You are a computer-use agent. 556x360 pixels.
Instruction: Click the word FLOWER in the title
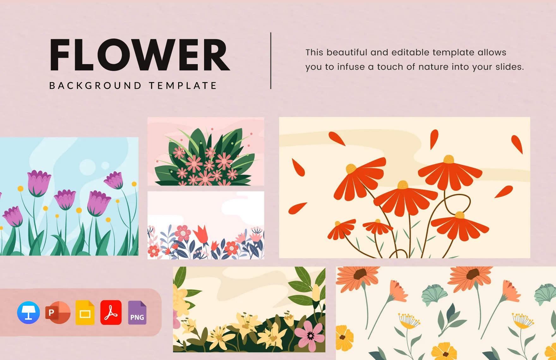coord(140,55)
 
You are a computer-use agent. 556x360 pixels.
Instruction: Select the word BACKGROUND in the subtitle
coord(95,86)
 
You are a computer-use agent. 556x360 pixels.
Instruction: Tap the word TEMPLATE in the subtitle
coord(183,86)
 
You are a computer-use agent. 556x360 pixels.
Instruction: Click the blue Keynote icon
coord(28,313)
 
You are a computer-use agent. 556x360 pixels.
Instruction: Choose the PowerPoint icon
coord(58,313)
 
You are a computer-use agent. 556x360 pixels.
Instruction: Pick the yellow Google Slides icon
coord(85,313)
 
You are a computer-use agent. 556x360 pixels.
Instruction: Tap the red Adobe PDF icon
coord(111,313)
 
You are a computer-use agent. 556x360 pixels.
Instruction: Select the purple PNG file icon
coord(137,313)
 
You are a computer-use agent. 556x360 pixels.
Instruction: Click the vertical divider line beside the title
coord(271,61)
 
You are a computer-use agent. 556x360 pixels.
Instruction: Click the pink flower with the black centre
coord(310,335)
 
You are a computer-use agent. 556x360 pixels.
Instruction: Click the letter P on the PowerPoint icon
coord(51,313)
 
